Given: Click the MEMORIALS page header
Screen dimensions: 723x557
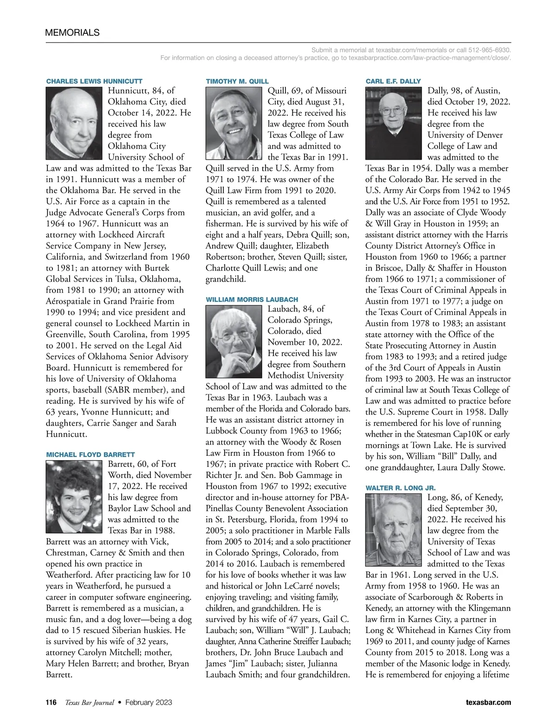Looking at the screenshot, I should pos(72,32).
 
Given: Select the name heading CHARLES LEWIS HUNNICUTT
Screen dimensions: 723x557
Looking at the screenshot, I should pos(94,81).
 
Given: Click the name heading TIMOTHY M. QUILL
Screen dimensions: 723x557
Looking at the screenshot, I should pos(237,81).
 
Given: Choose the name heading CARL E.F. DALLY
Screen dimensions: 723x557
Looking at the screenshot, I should pos(393,81).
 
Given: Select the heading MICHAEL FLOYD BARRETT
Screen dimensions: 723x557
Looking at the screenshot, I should pos(91,455).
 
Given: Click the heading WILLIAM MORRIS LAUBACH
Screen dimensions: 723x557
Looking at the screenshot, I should pos(252,300).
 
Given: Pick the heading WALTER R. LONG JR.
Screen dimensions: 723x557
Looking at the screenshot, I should pos(401,488).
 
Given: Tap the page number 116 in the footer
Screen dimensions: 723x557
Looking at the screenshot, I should pos(51,702).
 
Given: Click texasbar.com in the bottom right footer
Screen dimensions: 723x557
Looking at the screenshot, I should pos(488,702).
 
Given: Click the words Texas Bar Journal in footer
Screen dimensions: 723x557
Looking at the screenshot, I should pos(89,702).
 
